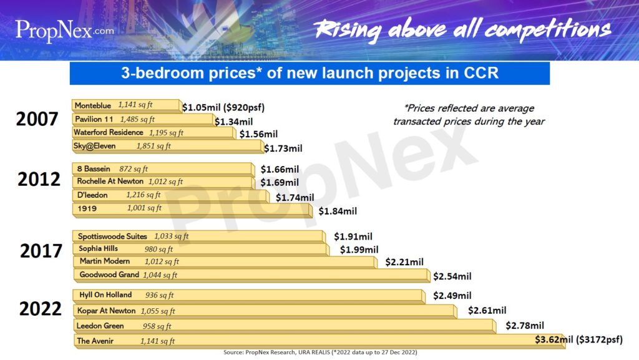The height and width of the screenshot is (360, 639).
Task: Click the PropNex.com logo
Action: [x=65, y=31]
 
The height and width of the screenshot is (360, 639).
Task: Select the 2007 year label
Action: [x=37, y=119]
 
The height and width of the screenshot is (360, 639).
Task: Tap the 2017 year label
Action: [x=41, y=251]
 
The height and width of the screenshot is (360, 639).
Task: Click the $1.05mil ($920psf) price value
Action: [x=223, y=107]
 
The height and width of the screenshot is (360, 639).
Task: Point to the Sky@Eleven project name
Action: [x=95, y=146]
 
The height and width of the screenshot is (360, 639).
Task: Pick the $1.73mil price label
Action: [x=283, y=148]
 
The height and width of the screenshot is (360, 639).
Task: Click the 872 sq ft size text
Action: [x=134, y=169]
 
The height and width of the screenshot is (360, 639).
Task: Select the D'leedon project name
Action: [x=92, y=195]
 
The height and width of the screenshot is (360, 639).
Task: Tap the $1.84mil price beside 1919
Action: [x=338, y=212]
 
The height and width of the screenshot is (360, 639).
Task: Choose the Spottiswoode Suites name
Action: [x=112, y=236]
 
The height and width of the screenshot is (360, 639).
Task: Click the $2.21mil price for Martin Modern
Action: [x=404, y=262]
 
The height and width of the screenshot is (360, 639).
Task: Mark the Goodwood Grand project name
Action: [x=109, y=275]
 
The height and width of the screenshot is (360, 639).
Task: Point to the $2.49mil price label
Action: [x=452, y=296]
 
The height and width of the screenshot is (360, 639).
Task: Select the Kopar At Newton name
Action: [x=106, y=311]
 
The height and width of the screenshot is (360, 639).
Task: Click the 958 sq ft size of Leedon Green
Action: [x=157, y=326]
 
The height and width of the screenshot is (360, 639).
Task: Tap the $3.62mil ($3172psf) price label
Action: [x=578, y=339]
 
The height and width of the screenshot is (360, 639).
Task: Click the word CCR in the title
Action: [x=481, y=73]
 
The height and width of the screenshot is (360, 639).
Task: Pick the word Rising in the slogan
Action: [x=347, y=30]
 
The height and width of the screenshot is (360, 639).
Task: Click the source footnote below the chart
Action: [x=320, y=353]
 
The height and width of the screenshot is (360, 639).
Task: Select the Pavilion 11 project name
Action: [x=94, y=119]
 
